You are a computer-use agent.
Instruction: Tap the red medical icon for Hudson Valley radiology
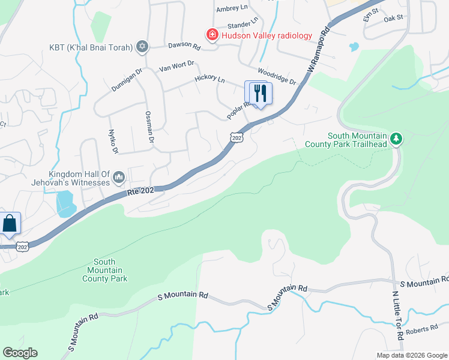click(x=211, y=35)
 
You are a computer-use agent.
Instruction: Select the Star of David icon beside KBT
click(x=142, y=47)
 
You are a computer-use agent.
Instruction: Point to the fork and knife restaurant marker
click(x=260, y=94)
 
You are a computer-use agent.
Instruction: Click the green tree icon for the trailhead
click(x=396, y=139)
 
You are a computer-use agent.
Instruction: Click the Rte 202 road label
click(x=141, y=191)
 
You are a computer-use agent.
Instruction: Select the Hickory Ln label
click(x=209, y=79)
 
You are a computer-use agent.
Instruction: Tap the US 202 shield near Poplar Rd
click(x=237, y=138)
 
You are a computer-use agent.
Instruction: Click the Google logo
click(x=20, y=353)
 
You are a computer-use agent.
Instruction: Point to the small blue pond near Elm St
click(x=354, y=46)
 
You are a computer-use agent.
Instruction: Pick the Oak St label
click(x=393, y=19)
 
